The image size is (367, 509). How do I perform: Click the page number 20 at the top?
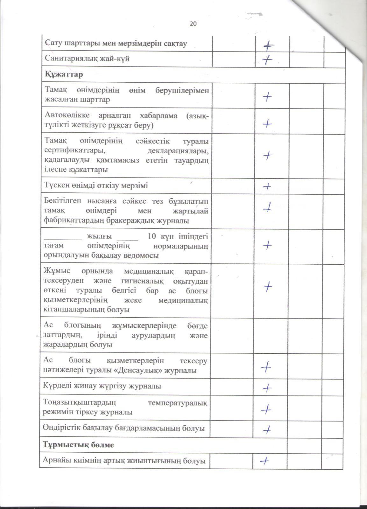pyautogui.click(x=193, y=24)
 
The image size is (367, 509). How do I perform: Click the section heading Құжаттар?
pyautogui.click(x=64, y=74)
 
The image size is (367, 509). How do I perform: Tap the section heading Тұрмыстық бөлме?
pyautogui.click(x=78, y=445)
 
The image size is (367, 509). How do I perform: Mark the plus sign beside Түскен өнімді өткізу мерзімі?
pyautogui.click(x=267, y=186)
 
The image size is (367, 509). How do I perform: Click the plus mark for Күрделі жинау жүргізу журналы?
pyautogui.click(x=267, y=388)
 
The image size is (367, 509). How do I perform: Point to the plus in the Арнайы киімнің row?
pyautogui.click(x=265, y=460)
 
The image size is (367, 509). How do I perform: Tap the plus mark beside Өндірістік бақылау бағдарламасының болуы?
pyautogui.click(x=267, y=429)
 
